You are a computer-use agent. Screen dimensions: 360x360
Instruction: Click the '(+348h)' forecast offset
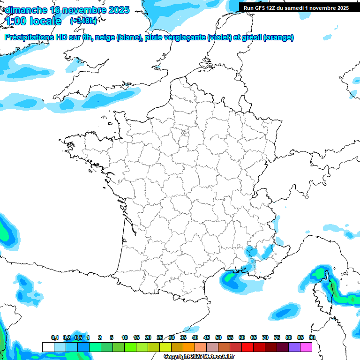tap(83, 21)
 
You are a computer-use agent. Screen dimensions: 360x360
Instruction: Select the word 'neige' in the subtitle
tap(105, 37)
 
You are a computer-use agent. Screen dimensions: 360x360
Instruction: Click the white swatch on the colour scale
tap(48, 347)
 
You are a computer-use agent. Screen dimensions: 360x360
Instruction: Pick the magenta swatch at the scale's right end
tap(306, 347)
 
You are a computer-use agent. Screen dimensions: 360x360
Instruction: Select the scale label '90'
tap(312, 337)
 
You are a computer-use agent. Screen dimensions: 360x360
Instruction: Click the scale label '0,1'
tap(55, 337)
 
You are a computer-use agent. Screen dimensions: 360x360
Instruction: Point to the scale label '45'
tap(207, 337)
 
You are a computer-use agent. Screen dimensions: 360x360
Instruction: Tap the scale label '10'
tap(125, 337)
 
